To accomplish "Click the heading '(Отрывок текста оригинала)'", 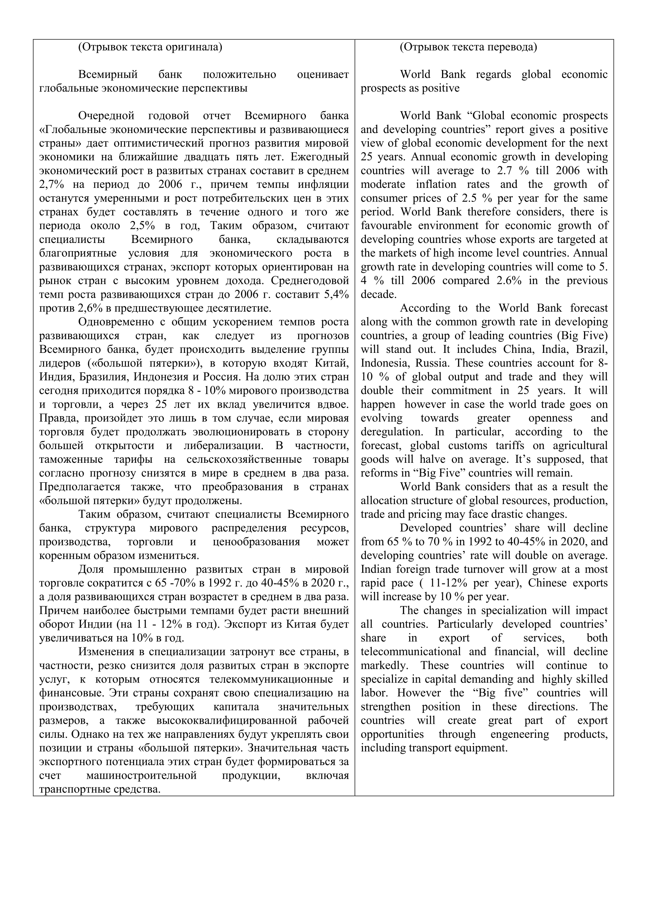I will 150,47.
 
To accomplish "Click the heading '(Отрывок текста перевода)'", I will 468,47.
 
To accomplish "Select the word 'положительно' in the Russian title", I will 239,75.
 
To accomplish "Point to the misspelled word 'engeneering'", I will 519,734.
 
